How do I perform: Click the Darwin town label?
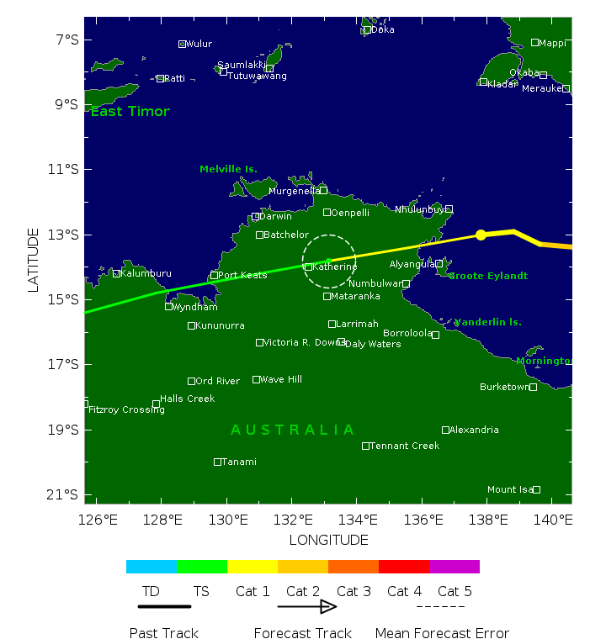pos(276,216)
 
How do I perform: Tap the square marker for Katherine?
pos(308,267)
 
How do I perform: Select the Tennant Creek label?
pos(404,446)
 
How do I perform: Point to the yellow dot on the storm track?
pos(481,235)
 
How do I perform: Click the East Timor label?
pos(130,112)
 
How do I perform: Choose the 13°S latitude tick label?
pos(66,235)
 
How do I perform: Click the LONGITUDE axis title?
pos(328,540)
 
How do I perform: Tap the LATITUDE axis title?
pos(34,260)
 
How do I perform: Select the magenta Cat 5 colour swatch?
pos(454,567)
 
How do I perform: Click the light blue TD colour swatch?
pos(151,567)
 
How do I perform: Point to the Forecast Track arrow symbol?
pos(307,607)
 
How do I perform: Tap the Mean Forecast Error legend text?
pos(442,633)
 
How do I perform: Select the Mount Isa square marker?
pos(536,489)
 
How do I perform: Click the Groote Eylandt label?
pos(488,276)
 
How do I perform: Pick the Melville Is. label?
pos(228,169)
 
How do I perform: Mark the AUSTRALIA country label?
pos(293,430)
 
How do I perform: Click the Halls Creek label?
pos(187,399)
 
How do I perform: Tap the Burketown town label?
pos(503,387)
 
